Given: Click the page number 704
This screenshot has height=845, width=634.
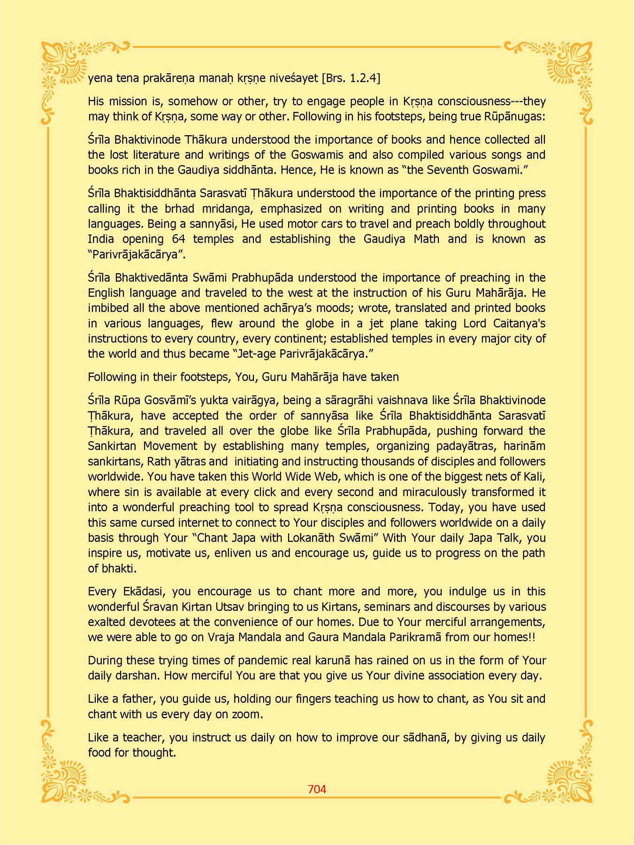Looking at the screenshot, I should pyautogui.click(x=317, y=789).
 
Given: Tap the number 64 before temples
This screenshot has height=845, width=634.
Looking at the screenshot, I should pyautogui.click(x=178, y=239).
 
